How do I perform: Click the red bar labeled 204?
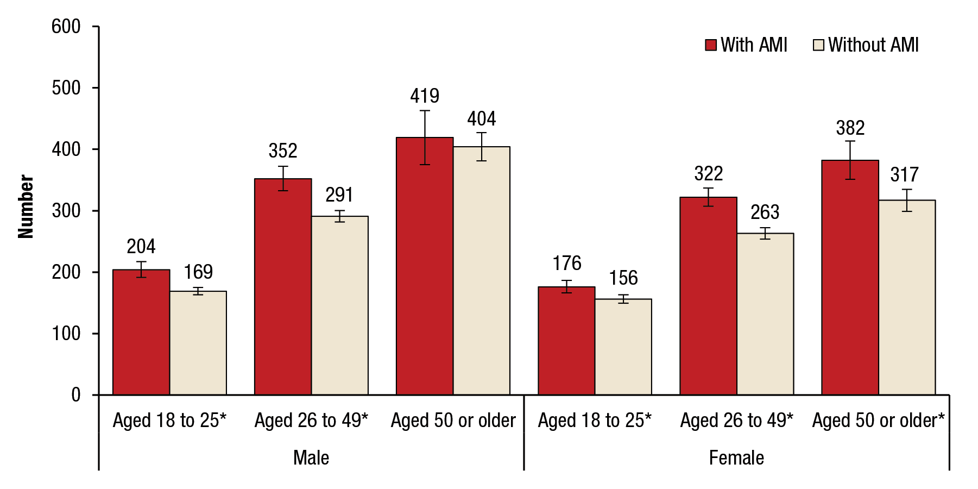click(x=141, y=332)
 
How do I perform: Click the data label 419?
click(x=425, y=96)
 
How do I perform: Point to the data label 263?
click(x=765, y=212)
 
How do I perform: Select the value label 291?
click(x=339, y=195)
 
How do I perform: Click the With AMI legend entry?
click(x=747, y=45)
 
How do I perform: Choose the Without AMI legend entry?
click(x=866, y=45)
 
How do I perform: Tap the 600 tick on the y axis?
click(x=66, y=27)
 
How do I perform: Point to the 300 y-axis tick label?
click(x=66, y=211)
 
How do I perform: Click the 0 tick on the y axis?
click(x=76, y=395)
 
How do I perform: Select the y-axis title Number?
click(x=26, y=206)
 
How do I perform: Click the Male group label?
click(x=311, y=457)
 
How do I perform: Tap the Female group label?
click(x=736, y=457)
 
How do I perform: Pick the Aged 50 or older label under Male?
click(x=453, y=421)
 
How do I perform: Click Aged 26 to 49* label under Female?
click(x=737, y=421)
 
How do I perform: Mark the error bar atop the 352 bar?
click(x=283, y=178)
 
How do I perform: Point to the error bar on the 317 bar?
click(x=907, y=200)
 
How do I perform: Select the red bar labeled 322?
click(x=708, y=296)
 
